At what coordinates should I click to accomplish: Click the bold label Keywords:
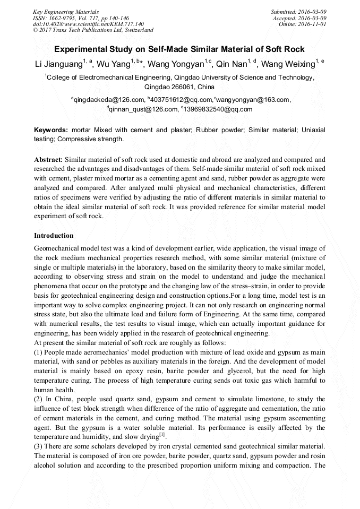coord(52,130)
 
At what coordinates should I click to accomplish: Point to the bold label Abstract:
coord(49,159)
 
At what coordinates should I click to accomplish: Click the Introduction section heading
coord(54,235)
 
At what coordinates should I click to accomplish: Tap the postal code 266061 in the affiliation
coord(185,87)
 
